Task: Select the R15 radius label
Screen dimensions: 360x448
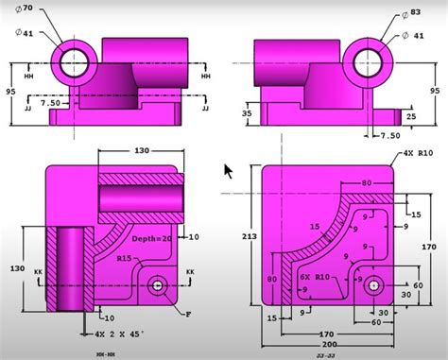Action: (124, 257)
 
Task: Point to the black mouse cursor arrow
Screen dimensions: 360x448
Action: (228, 171)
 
